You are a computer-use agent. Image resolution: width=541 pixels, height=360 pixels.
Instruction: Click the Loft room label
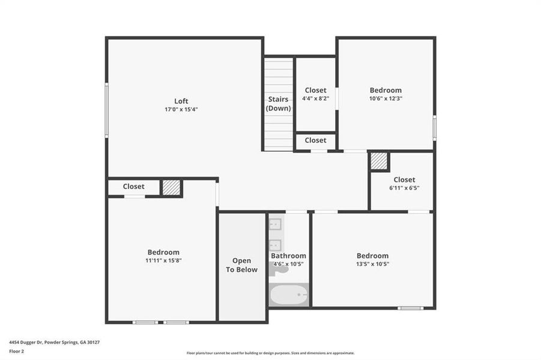tap(181, 101)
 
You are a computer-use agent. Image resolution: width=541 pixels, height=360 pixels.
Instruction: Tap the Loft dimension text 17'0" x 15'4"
tap(181, 109)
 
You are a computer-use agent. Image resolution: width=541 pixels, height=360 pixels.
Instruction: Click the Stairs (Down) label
tap(279, 104)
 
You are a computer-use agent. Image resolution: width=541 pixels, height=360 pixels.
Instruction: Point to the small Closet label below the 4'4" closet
tap(315, 140)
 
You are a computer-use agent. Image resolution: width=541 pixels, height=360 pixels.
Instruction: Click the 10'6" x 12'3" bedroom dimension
tap(385, 98)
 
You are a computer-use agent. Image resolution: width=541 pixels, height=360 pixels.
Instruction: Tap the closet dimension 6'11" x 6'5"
tap(404, 188)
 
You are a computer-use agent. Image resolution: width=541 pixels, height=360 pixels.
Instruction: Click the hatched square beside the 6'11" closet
tap(379, 161)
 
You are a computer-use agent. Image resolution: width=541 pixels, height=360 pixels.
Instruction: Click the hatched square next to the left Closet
tap(171, 188)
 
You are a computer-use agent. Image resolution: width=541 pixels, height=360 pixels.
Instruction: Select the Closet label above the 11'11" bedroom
tap(133, 187)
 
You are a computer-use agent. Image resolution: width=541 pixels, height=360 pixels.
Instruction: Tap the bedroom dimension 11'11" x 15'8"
tap(163, 260)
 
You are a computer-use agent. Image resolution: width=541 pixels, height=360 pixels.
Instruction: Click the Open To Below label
tap(241, 265)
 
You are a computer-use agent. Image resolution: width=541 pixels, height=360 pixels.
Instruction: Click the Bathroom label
tap(288, 256)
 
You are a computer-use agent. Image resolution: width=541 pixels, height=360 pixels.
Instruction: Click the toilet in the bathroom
tap(278, 269)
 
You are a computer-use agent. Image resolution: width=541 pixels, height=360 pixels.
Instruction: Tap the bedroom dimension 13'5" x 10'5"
tap(372, 263)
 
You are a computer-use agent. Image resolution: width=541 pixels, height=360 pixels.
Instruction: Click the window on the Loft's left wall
tap(107, 110)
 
